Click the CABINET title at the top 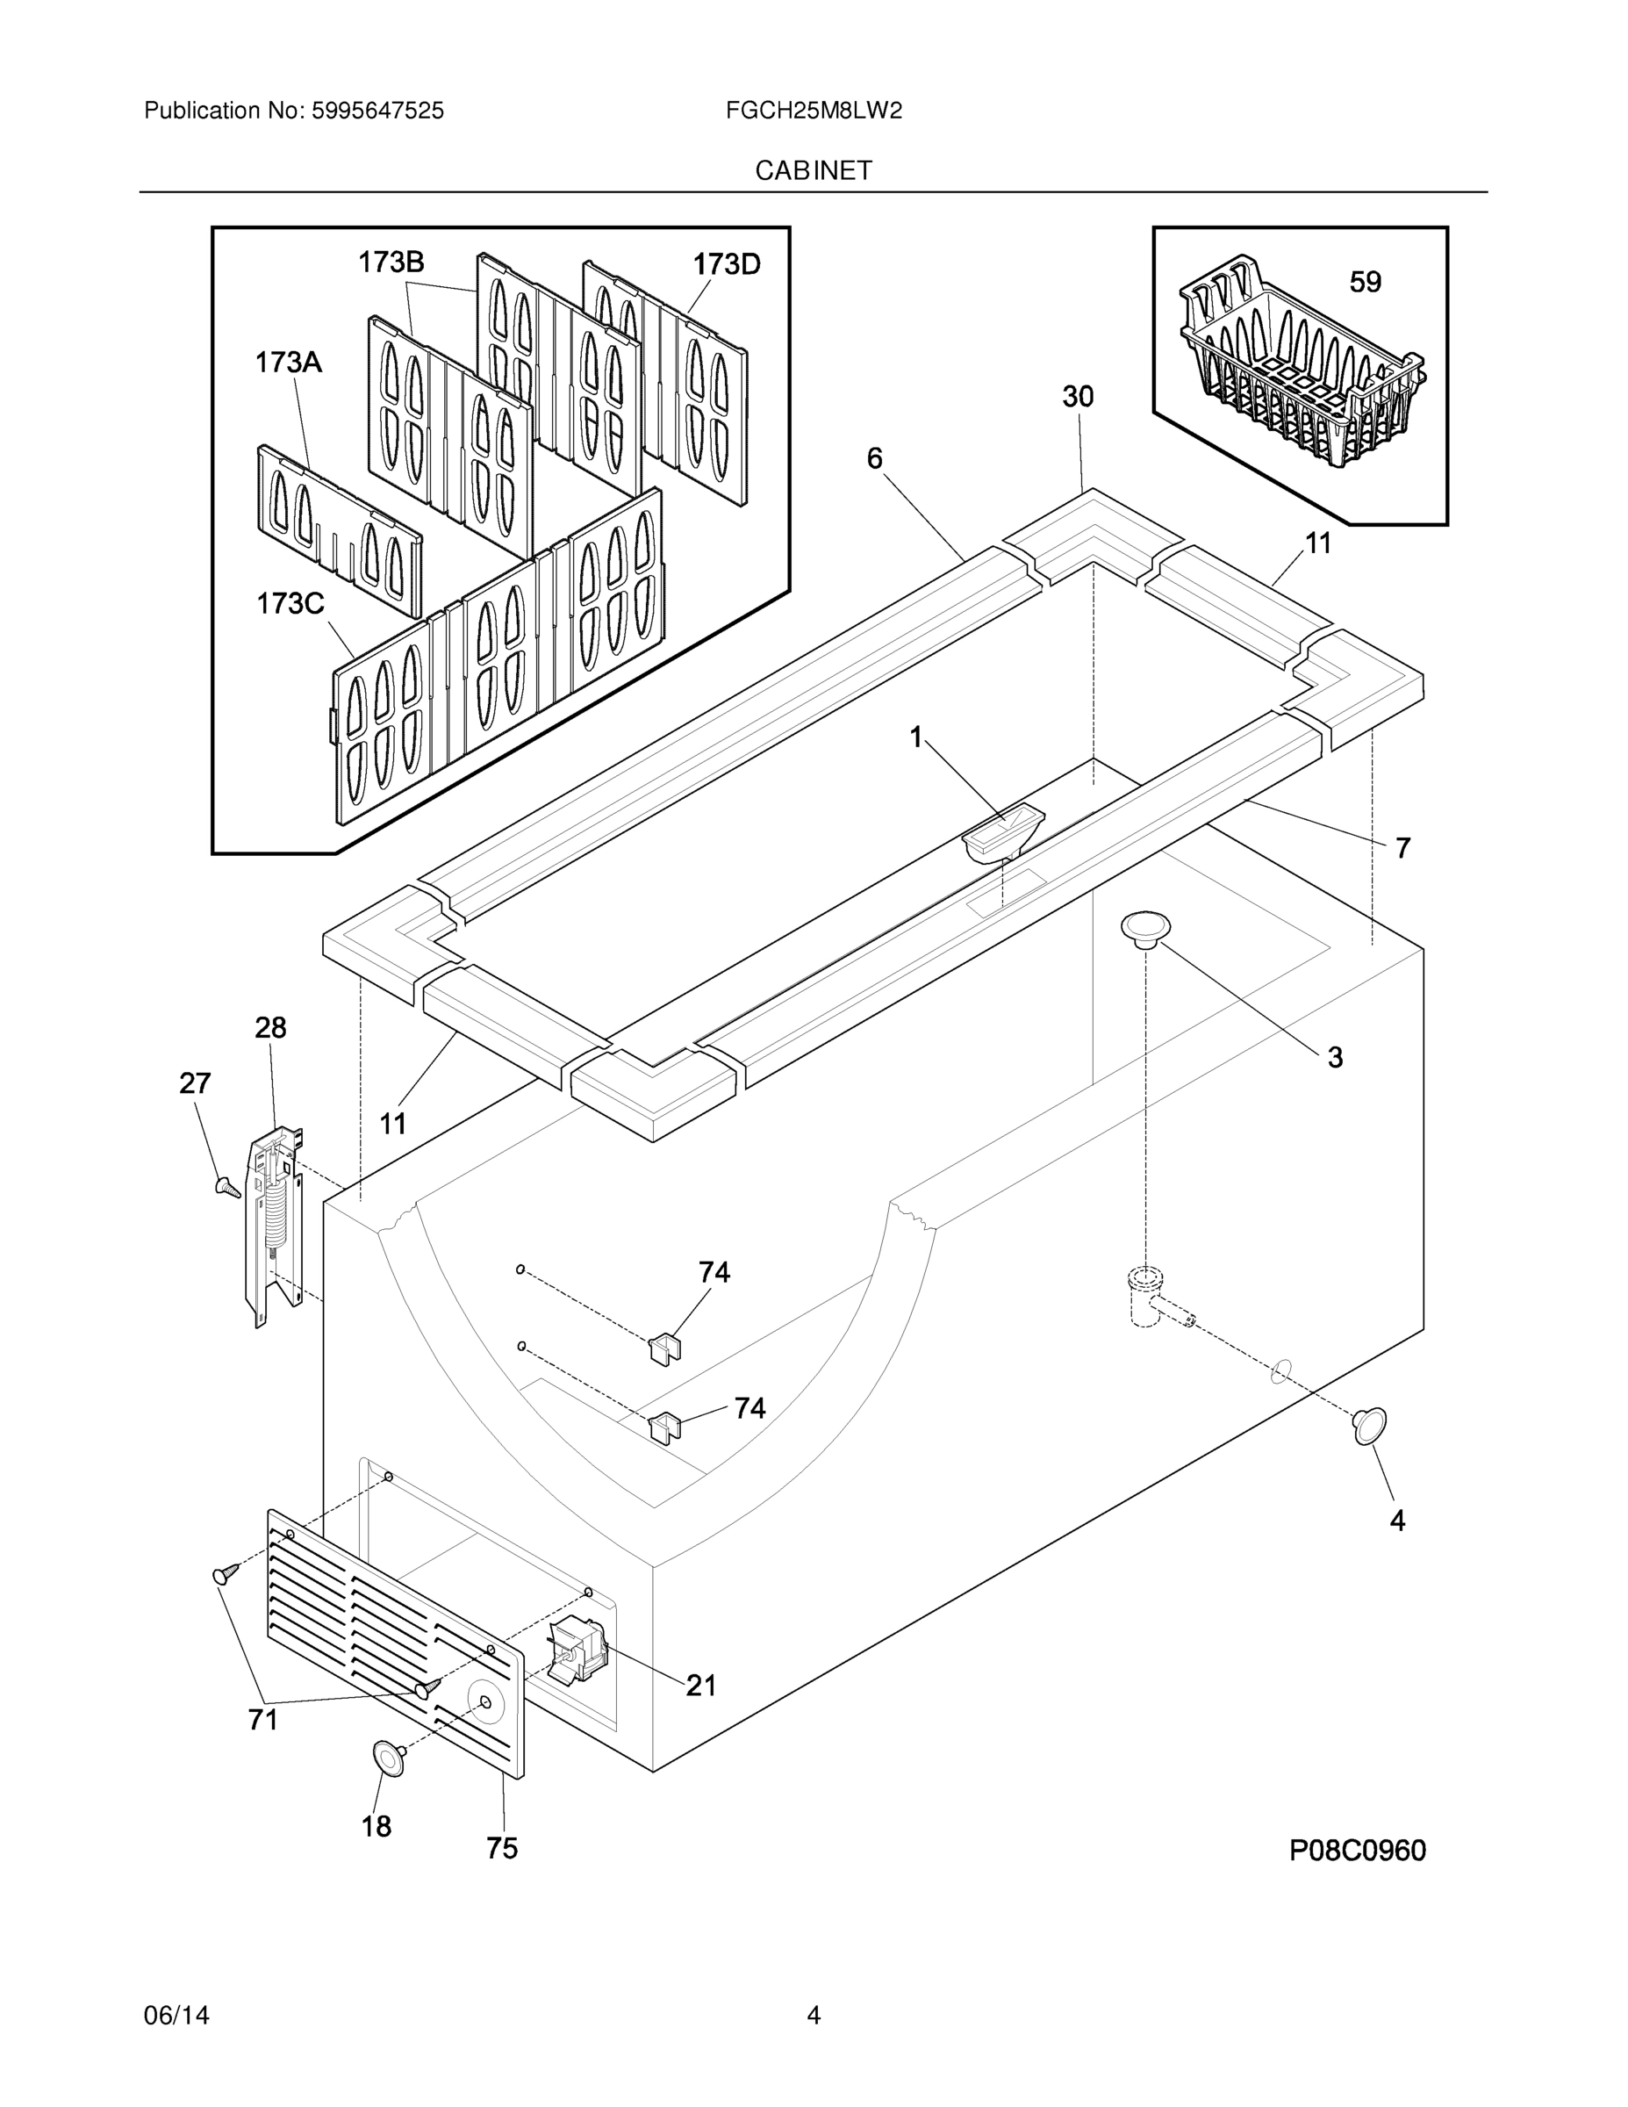[x=813, y=171]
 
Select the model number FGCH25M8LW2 [x=813, y=111]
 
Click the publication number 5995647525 [x=377, y=111]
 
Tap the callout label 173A [x=287, y=363]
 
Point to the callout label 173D [x=726, y=263]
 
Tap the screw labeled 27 [x=227, y=1187]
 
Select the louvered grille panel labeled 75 [x=396, y=1640]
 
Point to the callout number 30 [x=1078, y=397]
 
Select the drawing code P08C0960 [x=1357, y=1851]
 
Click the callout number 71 [x=262, y=1719]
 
